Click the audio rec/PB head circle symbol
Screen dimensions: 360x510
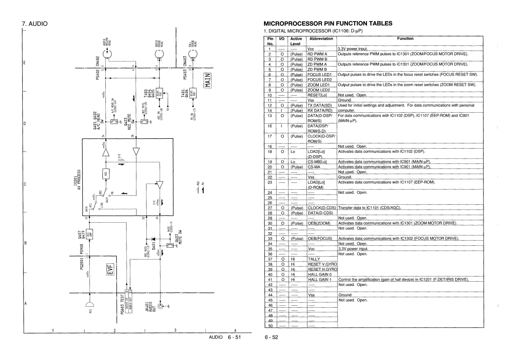[x=110, y=55]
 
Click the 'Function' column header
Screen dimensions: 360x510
[x=405, y=39]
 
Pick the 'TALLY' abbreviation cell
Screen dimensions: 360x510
[x=314, y=259]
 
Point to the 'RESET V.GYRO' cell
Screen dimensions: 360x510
[x=322, y=264]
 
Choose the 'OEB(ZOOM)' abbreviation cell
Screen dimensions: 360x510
[x=320, y=223]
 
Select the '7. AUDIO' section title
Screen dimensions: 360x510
[x=37, y=22]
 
